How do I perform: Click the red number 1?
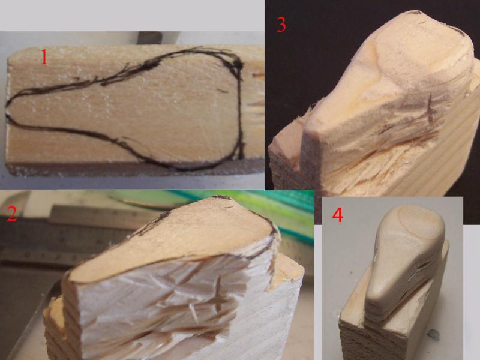[44, 57]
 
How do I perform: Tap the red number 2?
[11, 214]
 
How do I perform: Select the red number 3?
[281, 25]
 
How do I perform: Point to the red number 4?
[338, 215]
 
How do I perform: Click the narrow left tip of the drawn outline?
[6, 110]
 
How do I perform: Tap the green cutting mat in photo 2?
[275, 211]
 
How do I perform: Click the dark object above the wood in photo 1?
[149, 37]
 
